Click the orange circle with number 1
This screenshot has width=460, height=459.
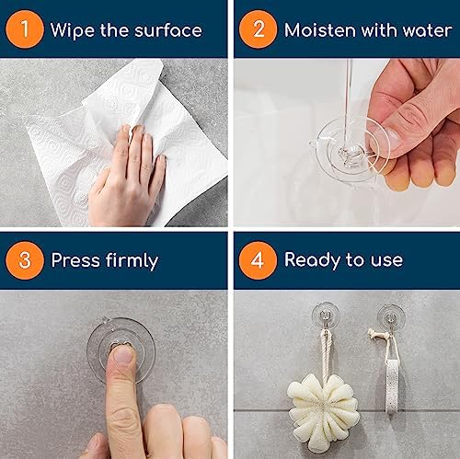pyautogui.click(x=26, y=29)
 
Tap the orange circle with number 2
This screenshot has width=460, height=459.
pyautogui.click(x=258, y=29)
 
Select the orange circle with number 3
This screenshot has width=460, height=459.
pyautogui.click(x=26, y=260)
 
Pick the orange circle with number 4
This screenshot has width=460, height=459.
pyautogui.click(x=258, y=260)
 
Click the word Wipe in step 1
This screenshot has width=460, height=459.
pyautogui.click(x=72, y=30)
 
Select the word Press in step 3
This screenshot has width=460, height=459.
pyautogui.click(x=75, y=261)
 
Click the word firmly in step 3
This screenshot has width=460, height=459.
pyautogui.click(x=130, y=261)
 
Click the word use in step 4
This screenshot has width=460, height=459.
pyautogui.click(x=387, y=261)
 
